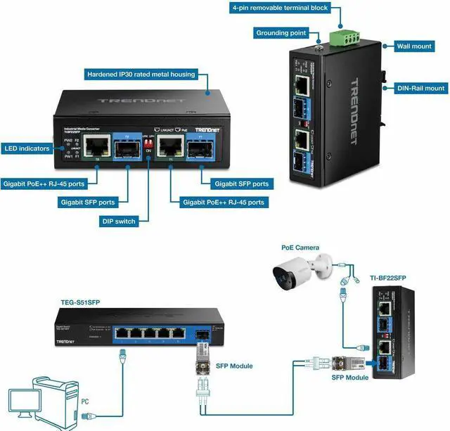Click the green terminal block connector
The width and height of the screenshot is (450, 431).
[x=343, y=36]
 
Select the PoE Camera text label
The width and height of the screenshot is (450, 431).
[x=299, y=247]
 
